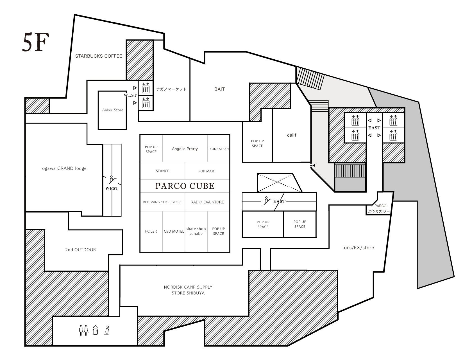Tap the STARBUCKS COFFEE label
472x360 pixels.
pos(99,56)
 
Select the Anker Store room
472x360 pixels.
pos(112,110)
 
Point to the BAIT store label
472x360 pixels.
pos(219,89)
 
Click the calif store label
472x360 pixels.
pos(292,135)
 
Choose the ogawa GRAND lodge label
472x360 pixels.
pos(64,168)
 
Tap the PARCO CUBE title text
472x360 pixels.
pos(185,186)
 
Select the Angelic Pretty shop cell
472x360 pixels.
pos(185,148)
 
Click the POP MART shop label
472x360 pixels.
pos(207,171)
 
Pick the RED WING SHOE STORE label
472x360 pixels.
pos(163,202)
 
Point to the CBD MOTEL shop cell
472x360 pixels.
pos(174,231)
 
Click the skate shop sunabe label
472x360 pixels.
pos(196,231)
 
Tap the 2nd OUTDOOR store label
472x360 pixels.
pos(81,250)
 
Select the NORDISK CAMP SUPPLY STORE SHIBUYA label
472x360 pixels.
pos(188,290)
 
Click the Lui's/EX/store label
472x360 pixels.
pos(358,248)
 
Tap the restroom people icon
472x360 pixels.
pos(84,330)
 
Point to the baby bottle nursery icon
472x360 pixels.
pos(96,330)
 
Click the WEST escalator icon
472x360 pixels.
pos(112,180)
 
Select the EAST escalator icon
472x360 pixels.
pos(267,201)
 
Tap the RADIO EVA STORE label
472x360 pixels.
pos(207,202)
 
